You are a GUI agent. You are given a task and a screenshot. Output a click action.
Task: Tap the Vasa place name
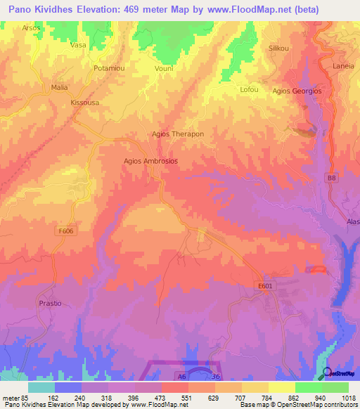click(78, 45)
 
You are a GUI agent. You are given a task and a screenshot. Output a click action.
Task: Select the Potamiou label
click(109, 68)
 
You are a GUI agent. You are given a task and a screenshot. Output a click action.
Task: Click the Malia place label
click(59, 88)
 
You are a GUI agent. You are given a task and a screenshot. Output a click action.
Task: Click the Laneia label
click(343, 67)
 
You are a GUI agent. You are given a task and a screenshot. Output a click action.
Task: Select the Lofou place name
click(250, 89)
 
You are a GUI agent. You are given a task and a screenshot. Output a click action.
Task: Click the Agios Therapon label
click(178, 134)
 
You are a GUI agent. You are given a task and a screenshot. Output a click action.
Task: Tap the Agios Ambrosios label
click(150, 161)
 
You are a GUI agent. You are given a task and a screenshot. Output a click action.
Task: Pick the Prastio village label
click(51, 303)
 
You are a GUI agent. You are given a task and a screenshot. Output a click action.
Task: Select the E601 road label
click(264, 285)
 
